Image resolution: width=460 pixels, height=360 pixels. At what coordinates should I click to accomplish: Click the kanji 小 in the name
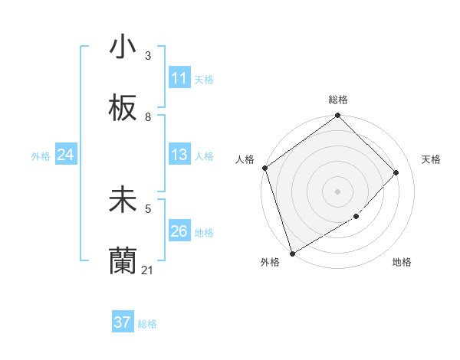click(x=123, y=47)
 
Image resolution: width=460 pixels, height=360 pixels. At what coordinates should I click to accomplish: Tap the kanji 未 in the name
click(x=123, y=200)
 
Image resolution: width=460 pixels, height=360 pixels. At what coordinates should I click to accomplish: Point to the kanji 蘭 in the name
click(x=123, y=261)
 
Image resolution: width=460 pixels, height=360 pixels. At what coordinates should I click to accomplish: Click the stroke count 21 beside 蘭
click(x=148, y=270)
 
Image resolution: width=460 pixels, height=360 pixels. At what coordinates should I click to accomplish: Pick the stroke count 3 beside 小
click(x=148, y=56)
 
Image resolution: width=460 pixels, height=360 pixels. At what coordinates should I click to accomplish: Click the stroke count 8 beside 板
click(x=148, y=117)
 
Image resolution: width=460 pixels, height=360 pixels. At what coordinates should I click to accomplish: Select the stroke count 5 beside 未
click(x=148, y=208)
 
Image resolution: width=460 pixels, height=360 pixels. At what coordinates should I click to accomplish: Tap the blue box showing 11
click(x=179, y=78)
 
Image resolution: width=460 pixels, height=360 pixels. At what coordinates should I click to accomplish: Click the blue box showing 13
click(x=179, y=155)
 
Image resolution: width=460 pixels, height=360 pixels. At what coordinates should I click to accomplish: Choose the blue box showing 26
click(x=179, y=231)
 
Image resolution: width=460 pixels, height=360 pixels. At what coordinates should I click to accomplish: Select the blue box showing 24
click(x=65, y=155)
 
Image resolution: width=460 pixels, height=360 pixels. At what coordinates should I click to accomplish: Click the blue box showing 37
click(x=123, y=322)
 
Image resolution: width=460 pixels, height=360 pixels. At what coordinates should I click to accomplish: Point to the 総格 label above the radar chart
click(x=338, y=100)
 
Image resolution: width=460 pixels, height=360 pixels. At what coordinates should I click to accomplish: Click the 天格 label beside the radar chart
click(x=431, y=159)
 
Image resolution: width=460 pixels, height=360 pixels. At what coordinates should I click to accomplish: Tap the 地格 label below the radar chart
click(x=402, y=263)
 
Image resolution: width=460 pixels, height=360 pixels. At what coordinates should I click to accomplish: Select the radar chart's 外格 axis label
click(x=270, y=263)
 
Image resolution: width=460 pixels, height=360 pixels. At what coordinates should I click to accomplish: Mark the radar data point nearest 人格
click(x=265, y=168)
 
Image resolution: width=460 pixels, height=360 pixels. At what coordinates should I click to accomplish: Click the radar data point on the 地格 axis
click(x=356, y=217)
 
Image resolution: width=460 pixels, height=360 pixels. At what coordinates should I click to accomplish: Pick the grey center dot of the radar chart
click(x=337, y=191)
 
